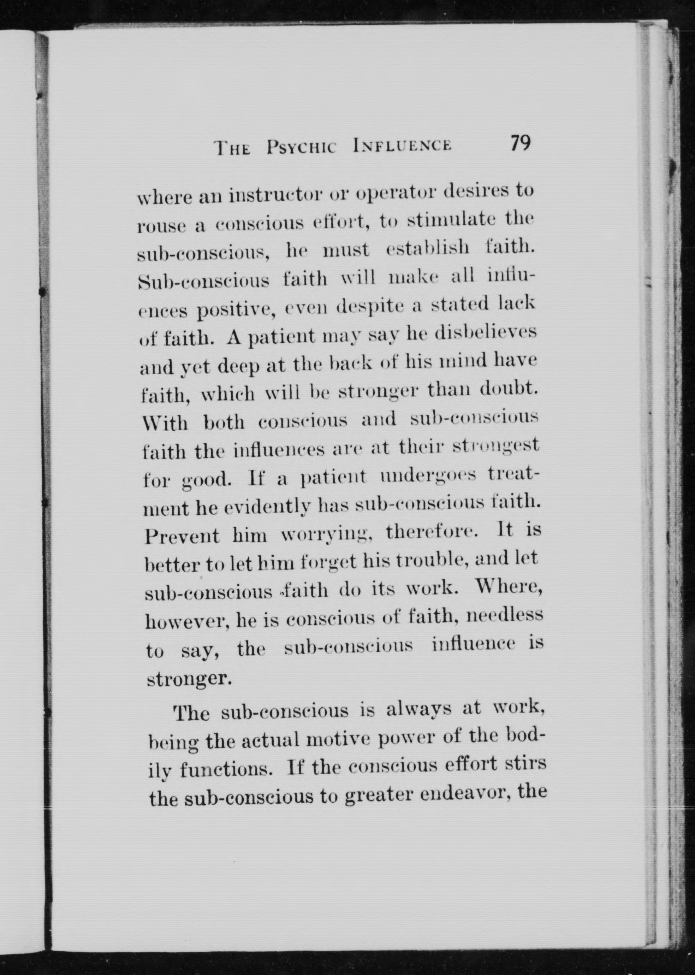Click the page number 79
[520, 143]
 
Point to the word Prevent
[182, 537]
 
